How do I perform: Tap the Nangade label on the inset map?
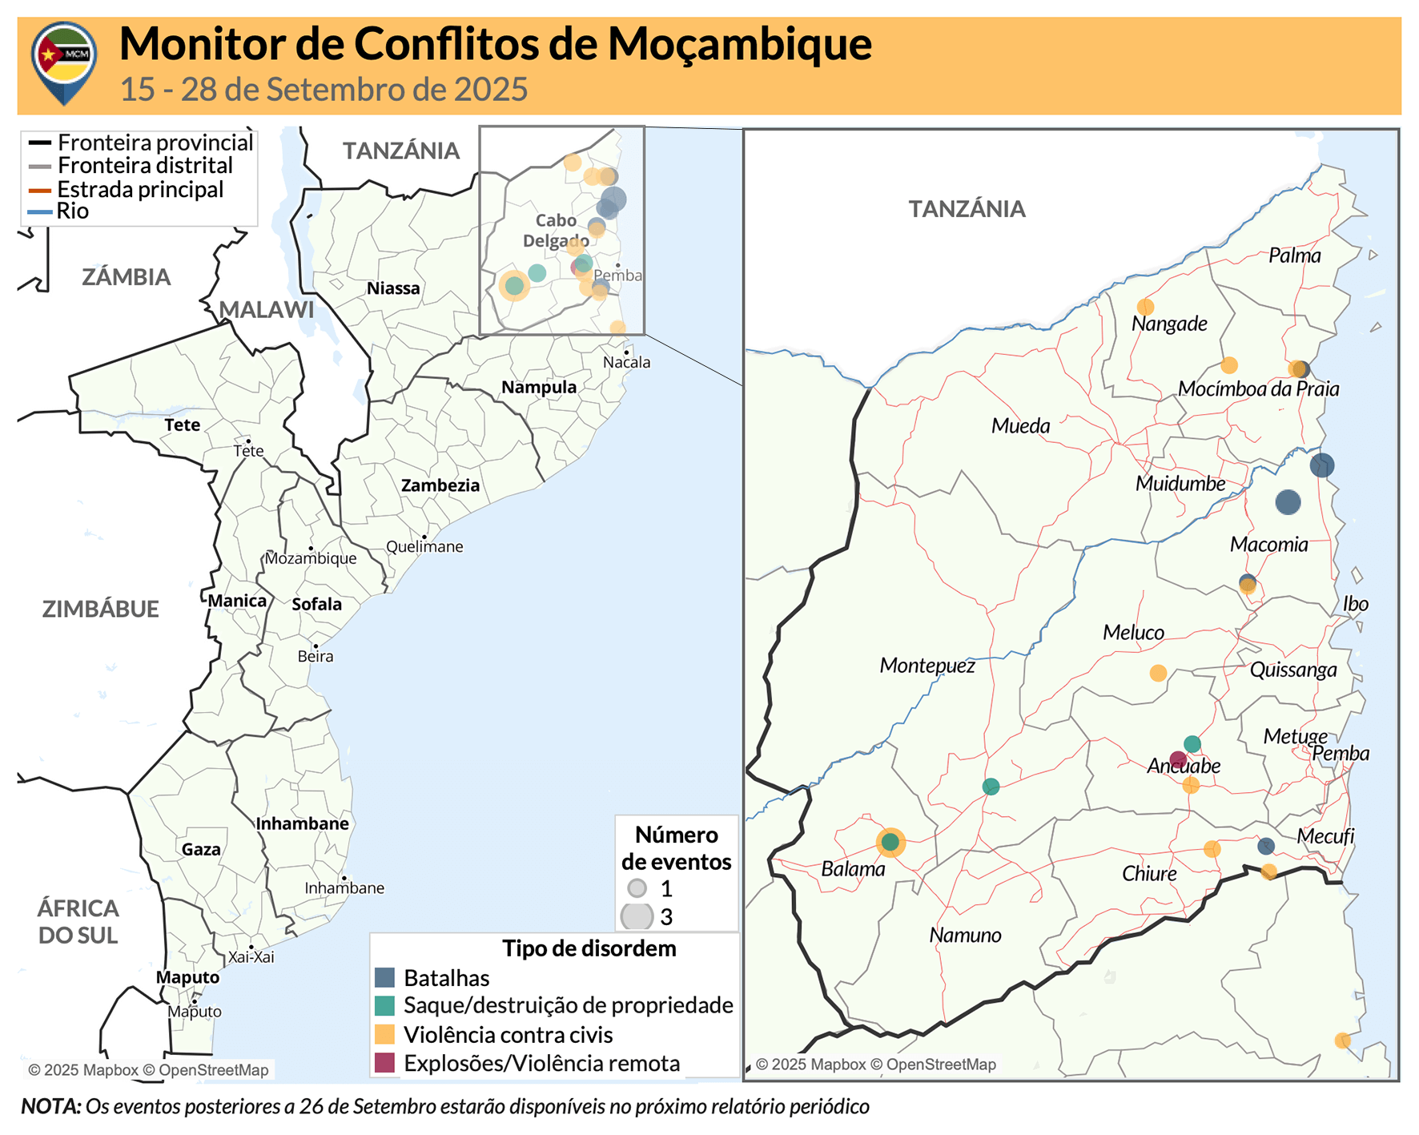click(x=1168, y=324)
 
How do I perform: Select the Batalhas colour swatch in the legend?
click(x=385, y=977)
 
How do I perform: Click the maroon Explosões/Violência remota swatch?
click(x=385, y=1063)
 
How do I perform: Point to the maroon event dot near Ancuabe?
click(x=1177, y=759)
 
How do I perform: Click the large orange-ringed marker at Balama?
click(x=890, y=842)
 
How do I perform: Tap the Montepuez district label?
click(x=927, y=666)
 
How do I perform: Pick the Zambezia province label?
click(x=440, y=485)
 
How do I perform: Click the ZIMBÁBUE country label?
click(x=100, y=609)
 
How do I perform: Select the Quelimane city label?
click(x=424, y=547)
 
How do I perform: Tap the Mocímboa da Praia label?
click(x=1258, y=389)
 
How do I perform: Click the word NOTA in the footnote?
click(x=50, y=1106)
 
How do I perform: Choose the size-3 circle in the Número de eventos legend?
click(x=637, y=916)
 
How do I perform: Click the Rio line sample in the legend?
click(x=40, y=212)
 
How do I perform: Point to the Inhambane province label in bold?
click(x=302, y=823)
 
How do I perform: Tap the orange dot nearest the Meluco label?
click(x=1158, y=673)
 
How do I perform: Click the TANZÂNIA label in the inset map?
click(x=967, y=209)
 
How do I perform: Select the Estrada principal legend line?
click(x=40, y=191)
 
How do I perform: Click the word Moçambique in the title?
click(x=739, y=44)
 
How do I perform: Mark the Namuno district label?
click(x=965, y=935)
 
